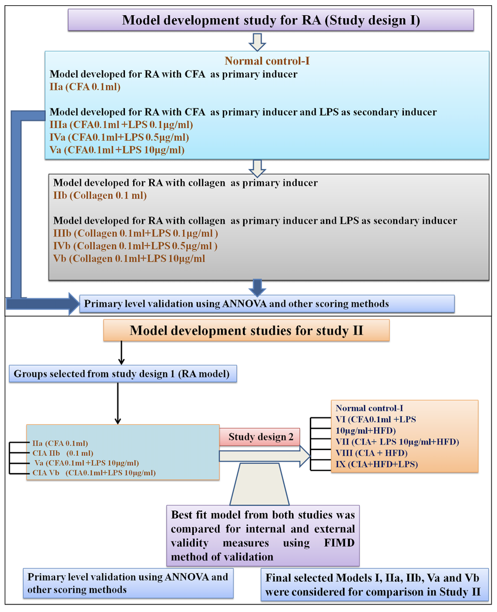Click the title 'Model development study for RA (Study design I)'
click(x=271, y=20)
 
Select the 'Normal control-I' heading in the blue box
click(x=267, y=61)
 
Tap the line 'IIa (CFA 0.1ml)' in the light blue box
click(x=85, y=87)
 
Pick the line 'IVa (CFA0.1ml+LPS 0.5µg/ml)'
click(x=119, y=138)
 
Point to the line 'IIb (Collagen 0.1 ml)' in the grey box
click(x=100, y=195)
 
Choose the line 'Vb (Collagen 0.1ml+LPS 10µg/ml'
click(x=129, y=259)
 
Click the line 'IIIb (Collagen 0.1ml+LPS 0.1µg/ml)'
click(x=136, y=233)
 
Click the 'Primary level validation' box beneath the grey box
click(x=267, y=304)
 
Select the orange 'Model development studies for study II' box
click(x=246, y=330)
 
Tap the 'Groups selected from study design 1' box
click(x=123, y=373)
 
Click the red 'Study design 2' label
click(x=260, y=437)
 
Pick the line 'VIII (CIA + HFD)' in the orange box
click(x=372, y=453)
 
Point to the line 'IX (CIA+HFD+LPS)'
click(x=376, y=464)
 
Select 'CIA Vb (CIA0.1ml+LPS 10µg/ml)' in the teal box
click(x=94, y=473)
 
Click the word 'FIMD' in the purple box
click(x=339, y=543)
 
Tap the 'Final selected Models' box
click(x=375, y=585)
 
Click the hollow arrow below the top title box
click(x=257, y=42)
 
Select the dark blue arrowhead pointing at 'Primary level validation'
click(x=74, y=304)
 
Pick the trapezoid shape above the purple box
click(x=259, y=484)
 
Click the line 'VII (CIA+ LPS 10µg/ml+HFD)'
click(x=397, y=442)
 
